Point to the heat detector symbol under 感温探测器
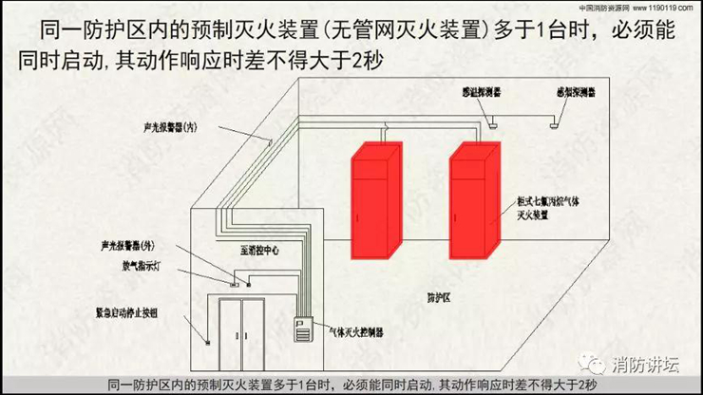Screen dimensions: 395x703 point(491,121)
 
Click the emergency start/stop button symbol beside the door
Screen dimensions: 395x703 point(206,337)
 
